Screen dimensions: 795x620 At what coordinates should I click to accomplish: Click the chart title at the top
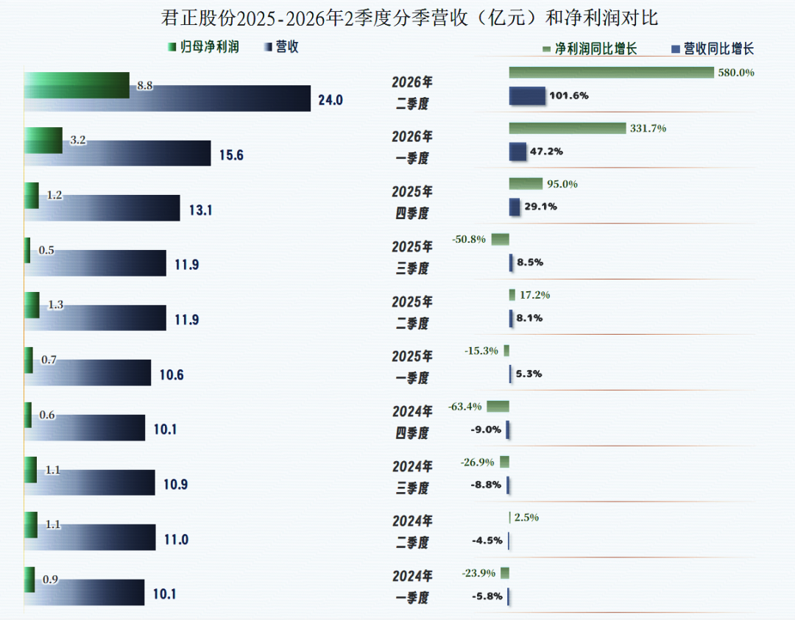(409, 18)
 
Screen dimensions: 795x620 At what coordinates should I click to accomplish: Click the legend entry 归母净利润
(203, 46)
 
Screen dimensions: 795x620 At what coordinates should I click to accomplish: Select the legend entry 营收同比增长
(713, 49)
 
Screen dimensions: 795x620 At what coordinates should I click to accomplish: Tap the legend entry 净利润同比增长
(590, 49)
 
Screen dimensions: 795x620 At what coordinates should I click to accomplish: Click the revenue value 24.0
(331, 100)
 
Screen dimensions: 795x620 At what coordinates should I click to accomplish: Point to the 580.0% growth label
(736, 72)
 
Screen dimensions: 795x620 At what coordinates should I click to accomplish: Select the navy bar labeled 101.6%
(527, 96)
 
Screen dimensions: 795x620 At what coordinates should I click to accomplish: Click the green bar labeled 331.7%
(568, 128)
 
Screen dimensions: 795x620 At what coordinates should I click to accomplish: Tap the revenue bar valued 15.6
(117, 153)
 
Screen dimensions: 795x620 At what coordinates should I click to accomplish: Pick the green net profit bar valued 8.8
(77, 85)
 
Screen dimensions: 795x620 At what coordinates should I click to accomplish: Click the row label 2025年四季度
(412, 202)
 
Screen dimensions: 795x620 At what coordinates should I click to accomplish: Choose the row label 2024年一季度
(412, 587)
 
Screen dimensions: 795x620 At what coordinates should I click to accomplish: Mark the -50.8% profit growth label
(469, 239)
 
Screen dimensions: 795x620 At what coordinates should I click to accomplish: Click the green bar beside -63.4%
(498, 406)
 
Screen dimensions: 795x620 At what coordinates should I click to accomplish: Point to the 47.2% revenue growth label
(546, 152)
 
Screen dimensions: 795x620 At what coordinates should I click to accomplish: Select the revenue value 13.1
(201, 210)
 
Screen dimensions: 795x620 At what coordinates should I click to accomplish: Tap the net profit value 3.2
(77, 140)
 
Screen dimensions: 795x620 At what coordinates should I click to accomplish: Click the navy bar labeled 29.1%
(515, 207)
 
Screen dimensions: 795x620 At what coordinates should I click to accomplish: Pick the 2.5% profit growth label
(526, 517)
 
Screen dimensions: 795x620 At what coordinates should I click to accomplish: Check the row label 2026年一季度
(412, 147)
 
